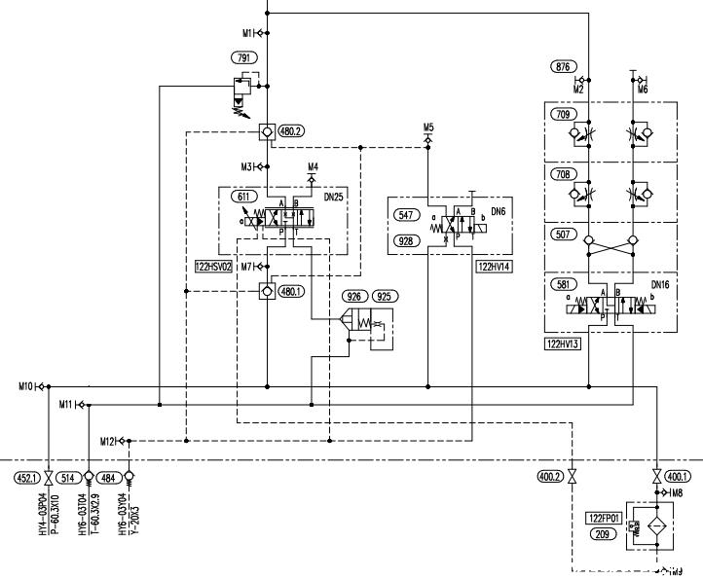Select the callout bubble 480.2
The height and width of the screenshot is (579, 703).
tap(291, 131)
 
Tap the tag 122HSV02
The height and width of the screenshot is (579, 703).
tap(213, 265)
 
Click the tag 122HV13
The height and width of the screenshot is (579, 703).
tap(563, 344)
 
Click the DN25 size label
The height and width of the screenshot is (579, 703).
tap(333, 197)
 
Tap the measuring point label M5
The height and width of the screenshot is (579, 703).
tap(428, 127)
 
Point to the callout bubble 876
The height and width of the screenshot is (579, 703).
tap(561, 67)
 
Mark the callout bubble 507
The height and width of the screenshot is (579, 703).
tap(562, 235)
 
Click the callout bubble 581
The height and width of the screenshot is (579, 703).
tap(562, 285)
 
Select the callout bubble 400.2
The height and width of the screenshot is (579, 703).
tap(550, 477)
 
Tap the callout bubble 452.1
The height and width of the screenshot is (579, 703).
tap(25, 477)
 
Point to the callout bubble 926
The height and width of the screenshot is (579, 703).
tap(354, 295)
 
